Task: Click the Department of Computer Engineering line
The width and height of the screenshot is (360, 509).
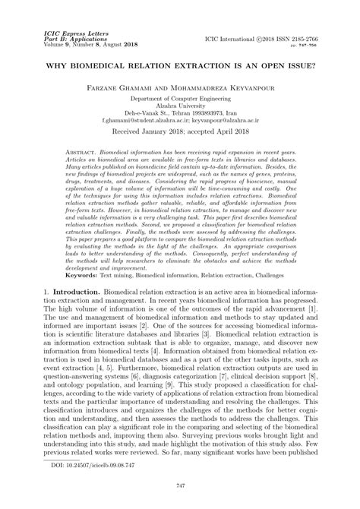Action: (x=180, y=101)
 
